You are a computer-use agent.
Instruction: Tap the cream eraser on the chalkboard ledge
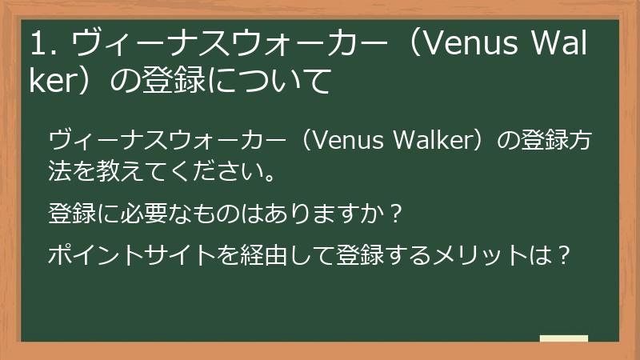pyautogui.click(x=564, y=338)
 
